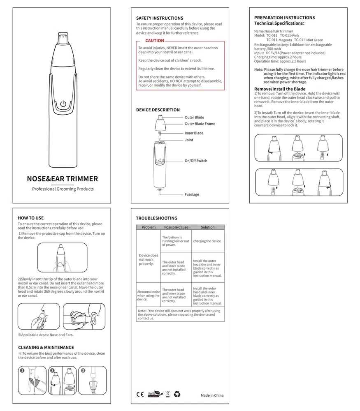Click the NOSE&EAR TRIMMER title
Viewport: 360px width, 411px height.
click(x=62, y=179)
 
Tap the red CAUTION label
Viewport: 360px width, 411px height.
click(x=155, y=41)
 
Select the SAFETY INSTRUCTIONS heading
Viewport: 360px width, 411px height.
click(x=160, y=18)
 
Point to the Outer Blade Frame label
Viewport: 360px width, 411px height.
click(x=200, y=124)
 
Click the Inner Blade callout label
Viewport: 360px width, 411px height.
click(x=194, y=133)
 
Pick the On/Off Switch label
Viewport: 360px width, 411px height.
click(x=196, y=161)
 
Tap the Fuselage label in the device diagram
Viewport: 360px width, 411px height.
click(x=192, y=194)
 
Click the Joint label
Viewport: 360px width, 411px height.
click(x=189, y=140)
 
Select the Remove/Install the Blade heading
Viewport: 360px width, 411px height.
click(x=280, y=89)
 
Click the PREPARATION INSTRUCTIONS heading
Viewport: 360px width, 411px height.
click(x=284, y=18)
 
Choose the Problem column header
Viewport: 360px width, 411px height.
click(x=149, y=227)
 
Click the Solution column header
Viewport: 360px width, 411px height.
click(x=208, y=227)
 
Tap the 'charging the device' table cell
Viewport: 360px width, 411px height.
click(x=207, y=241)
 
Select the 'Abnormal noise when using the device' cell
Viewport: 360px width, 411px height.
click(x=148, y=296)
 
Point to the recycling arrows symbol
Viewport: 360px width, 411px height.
click(x=177, y=394)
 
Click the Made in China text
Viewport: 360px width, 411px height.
click(x=212, y=395)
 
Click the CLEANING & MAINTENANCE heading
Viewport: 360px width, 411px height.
click(x=46, y=347)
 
